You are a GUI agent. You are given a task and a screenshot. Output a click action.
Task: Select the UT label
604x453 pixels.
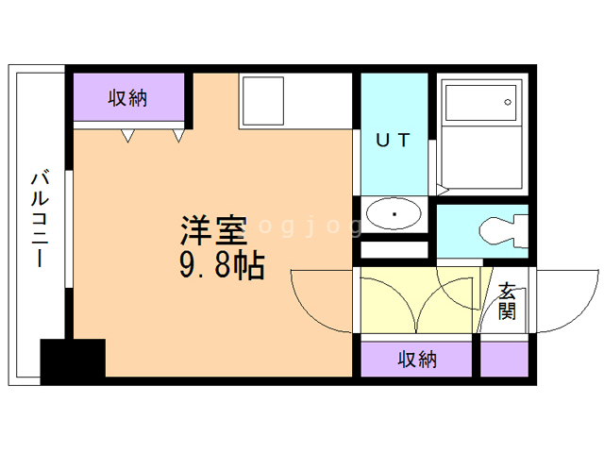pyautogui.click(x=394, y=141)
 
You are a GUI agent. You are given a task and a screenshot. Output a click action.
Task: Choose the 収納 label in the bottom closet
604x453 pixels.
pyautogui.click(x=417, y=359)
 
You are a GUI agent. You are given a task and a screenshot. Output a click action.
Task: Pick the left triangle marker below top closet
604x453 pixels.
pyautogui.click(x=126, y=137)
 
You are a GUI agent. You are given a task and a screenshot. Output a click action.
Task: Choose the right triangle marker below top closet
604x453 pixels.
pyautogui.click(x=177, y=137)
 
